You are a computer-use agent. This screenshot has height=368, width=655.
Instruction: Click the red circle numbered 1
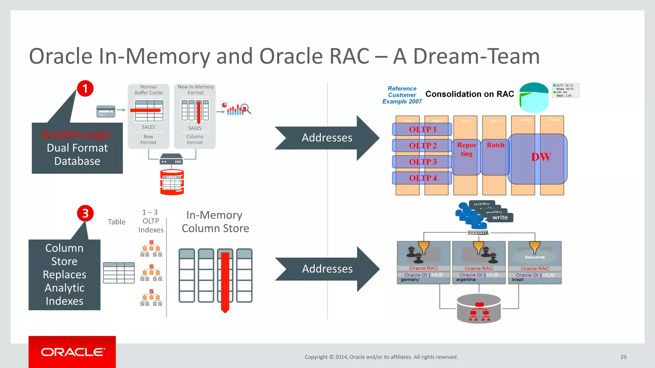click(85, 88)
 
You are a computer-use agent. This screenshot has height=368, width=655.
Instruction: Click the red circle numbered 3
click(85, 213)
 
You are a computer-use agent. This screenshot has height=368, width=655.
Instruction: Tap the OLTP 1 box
click(422, 129)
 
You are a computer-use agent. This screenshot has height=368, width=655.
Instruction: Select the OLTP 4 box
click(422, 178)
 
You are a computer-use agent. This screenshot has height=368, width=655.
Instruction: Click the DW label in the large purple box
click(541, 157)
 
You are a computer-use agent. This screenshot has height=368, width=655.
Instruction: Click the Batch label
click(495, 145)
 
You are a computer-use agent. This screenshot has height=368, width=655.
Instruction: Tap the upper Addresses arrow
click(327, 138)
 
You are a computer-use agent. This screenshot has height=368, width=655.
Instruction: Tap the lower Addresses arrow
click(327, 269)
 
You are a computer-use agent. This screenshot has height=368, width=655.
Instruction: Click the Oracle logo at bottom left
click(72, 352)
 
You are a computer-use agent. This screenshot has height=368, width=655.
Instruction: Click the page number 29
click(623, 357)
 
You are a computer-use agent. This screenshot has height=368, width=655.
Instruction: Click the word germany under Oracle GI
click(410, 280)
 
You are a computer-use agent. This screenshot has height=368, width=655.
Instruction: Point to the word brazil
click(517, 280)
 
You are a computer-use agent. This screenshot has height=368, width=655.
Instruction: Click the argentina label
click(466, 280)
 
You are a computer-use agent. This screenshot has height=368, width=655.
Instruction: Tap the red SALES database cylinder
click(172, 182)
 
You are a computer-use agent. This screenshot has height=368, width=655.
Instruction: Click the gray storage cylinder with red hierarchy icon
click(478, 309)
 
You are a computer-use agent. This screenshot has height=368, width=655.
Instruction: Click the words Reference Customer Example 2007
click(402, 95)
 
